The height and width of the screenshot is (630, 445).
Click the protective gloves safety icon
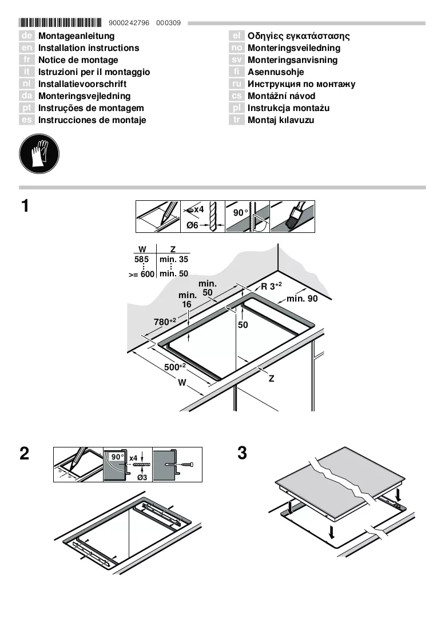pyautogui.click(x=39, y=154)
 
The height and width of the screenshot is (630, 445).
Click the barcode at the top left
pyautogui.click(x=60, y=22)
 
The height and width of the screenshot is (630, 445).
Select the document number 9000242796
pyautogui.click(x=129, y=23)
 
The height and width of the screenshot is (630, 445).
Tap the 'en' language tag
pyautogui.click(x=27, y=48)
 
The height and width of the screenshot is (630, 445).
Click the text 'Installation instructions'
pyautogui.click(x=89, y=48)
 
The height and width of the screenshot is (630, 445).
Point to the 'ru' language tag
pyautogui.click(x=237, y=84)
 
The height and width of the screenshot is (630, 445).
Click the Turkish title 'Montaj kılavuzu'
pyautogui.click(x=281, y=120)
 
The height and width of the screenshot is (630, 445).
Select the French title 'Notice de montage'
pyautogui.click(x=78, y=60)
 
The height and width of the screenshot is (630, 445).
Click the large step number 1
pyautogui.click(x=25, y=206)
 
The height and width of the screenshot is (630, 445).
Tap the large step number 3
pyautogui.click(x=242, y=453)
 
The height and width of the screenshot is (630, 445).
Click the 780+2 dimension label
pyautogui.click(x=165, y=322)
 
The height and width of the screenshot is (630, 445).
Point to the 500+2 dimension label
pyautogui.click(x=174, y=367)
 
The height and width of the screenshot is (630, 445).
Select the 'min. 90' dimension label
pyautogui.click(x=302, y=299)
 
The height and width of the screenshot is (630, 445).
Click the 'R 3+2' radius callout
pyautogui.click(x=272, y=286)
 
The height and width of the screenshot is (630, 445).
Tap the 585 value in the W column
pyautogui.click(x=141, y=260)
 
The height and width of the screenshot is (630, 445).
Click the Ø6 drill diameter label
pyautogui.click(x=192, y=225)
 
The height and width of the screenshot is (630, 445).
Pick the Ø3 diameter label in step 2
pyautogui.click(x=142, y=477)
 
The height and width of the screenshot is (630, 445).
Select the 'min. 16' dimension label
pyautogui.click(x=187, y=300)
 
